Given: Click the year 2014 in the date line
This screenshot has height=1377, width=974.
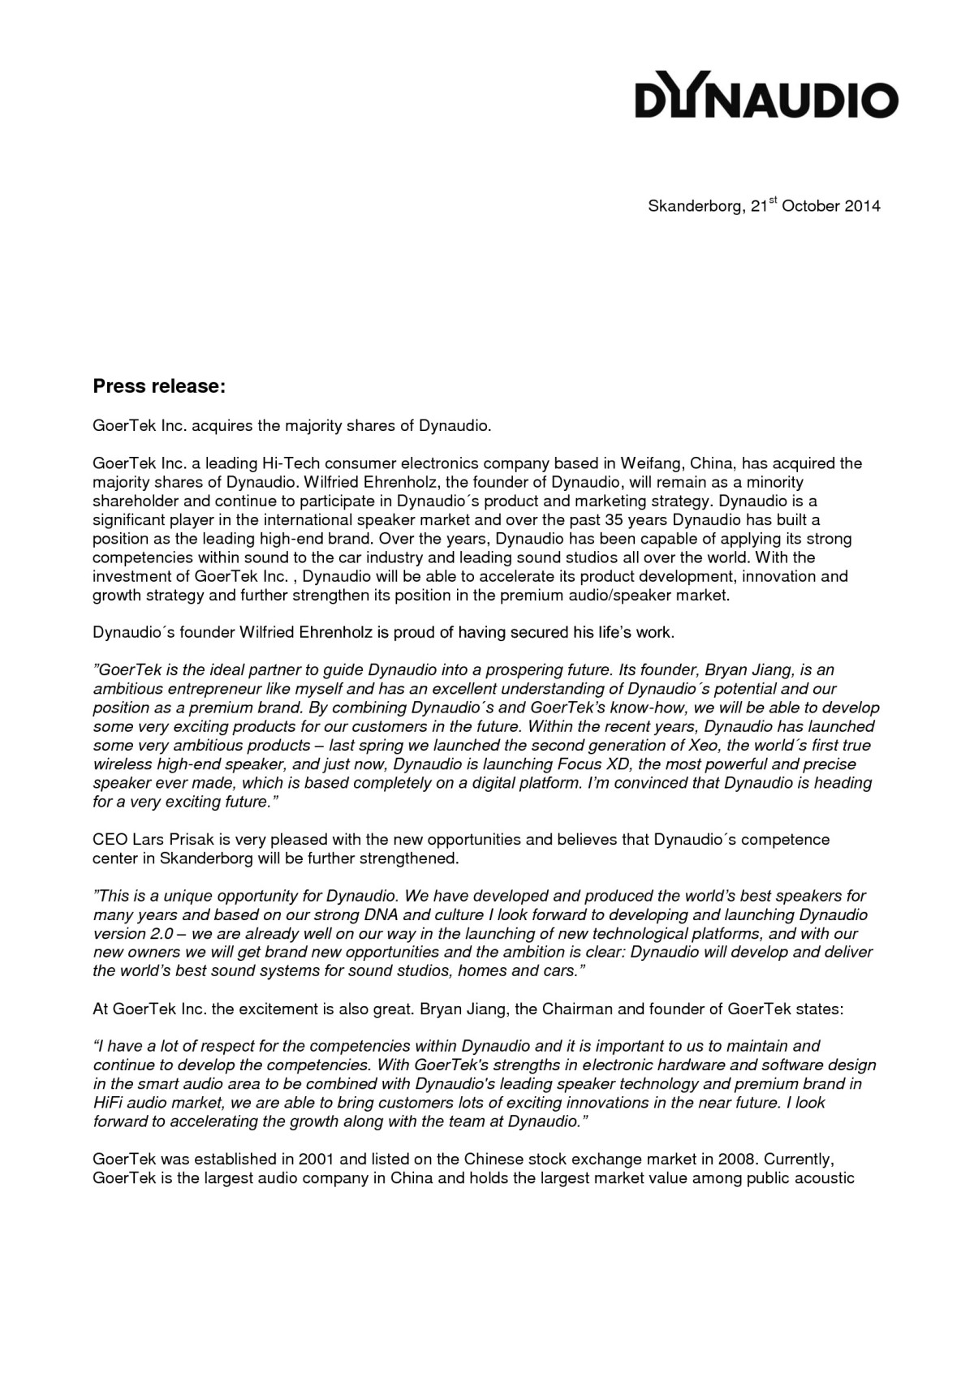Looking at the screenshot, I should (x=862, y=206).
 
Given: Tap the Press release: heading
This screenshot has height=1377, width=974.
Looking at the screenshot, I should (x=158, y=386).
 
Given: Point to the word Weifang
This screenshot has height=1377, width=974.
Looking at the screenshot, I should (x=653, y=463).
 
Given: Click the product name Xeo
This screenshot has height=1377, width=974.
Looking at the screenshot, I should (x=703, y=745).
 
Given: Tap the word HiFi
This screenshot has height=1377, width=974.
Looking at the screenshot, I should (x=109, y=1103).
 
